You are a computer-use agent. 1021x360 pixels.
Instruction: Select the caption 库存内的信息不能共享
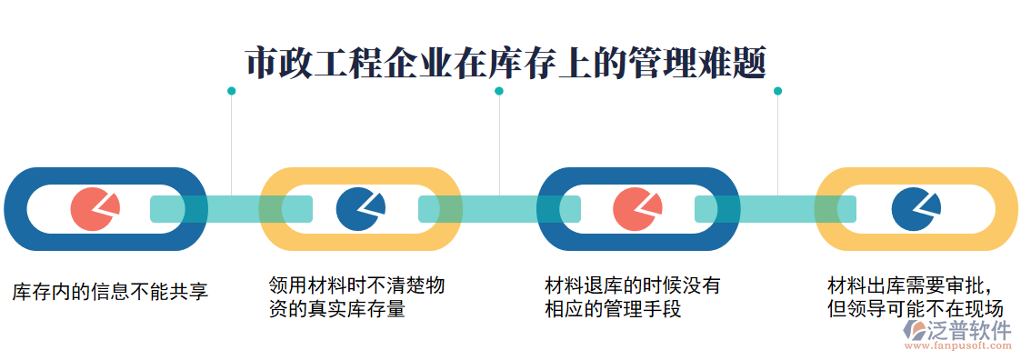pos(110,291)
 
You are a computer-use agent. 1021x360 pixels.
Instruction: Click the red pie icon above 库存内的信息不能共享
pos(94,209)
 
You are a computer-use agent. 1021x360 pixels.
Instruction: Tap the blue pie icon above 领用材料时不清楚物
pos(360,209)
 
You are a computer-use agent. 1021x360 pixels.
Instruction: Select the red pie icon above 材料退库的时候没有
pos(636,209)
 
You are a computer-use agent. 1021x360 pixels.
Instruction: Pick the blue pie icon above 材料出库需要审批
pos(915,209)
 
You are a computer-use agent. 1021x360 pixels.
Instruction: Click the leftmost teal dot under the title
pos(231,91)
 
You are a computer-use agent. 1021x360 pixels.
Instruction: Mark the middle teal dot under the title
pos(499,91)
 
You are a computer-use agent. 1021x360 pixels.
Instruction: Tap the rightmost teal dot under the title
pos(777,91)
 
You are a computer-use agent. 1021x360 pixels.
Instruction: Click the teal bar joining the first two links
pos(231,209)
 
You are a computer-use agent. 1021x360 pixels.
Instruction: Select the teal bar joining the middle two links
pos(499,209)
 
